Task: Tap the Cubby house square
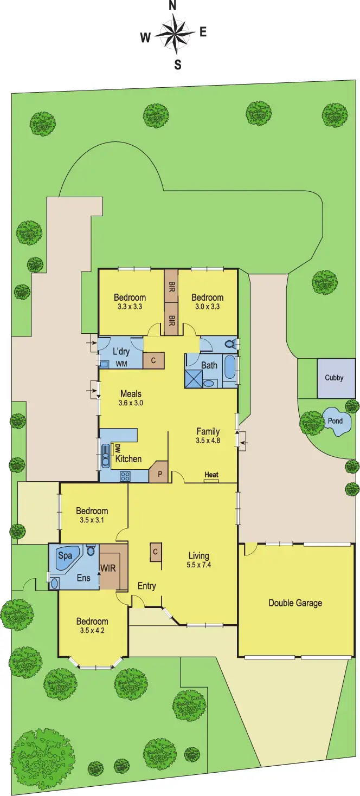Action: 334,378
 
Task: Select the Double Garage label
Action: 295,603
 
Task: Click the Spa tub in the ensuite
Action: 66,556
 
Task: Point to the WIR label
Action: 107,568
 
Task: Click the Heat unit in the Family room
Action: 211,476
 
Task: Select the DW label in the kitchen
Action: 117,449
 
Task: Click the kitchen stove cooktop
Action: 125,476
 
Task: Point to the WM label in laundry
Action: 121,364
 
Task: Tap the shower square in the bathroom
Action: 193,378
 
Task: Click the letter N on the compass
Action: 173,5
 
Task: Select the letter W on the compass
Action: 145,37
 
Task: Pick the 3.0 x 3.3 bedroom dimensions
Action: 207,307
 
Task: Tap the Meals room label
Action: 131,394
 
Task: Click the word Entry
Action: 147,586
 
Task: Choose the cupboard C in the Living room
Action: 155,552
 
